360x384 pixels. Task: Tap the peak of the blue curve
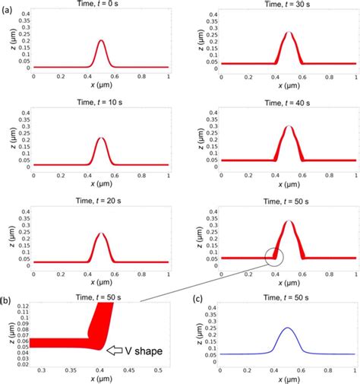click(288, 328)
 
